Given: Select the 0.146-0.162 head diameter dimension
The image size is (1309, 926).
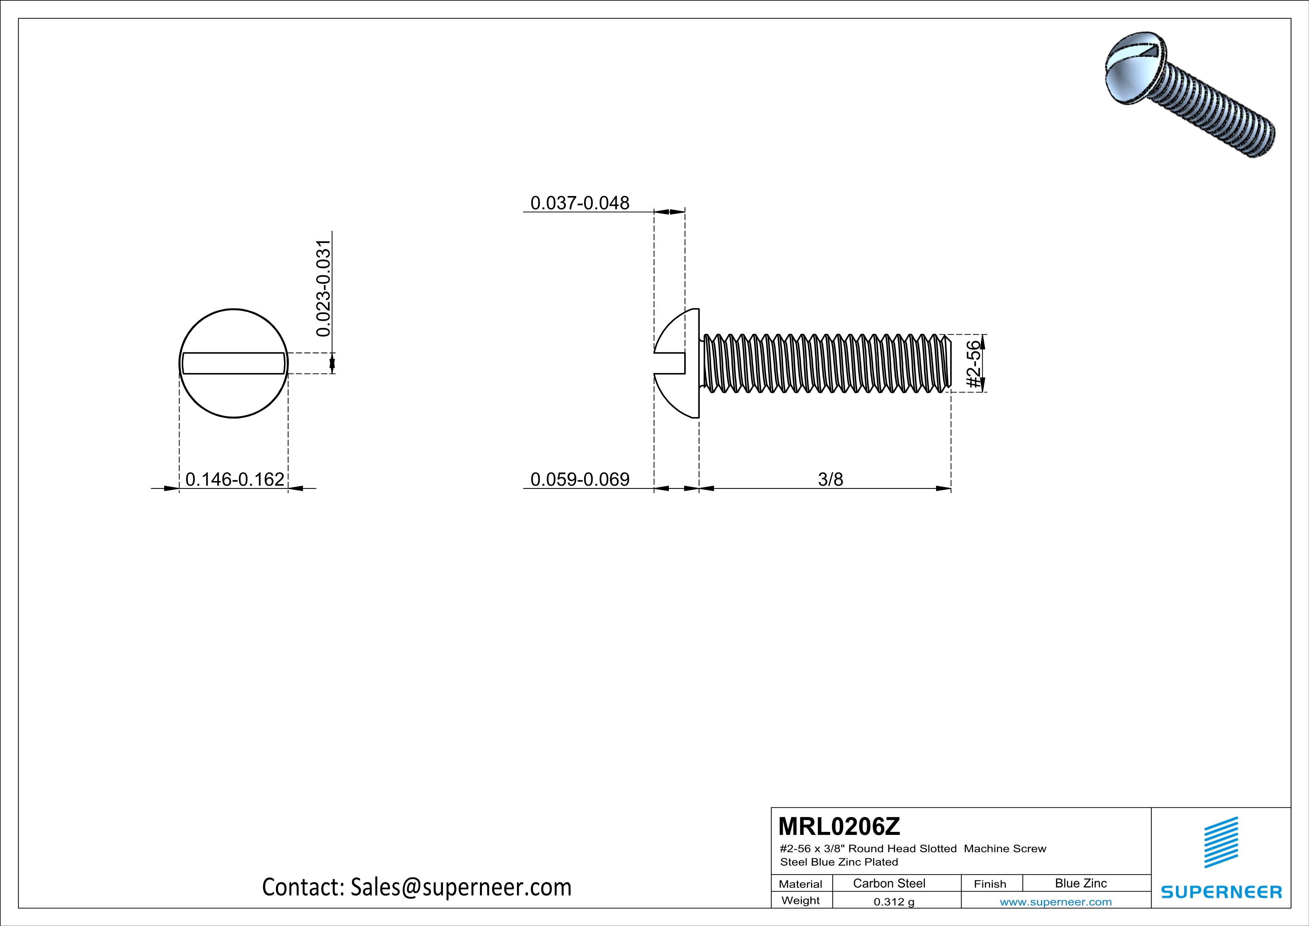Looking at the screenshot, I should coord(234,479).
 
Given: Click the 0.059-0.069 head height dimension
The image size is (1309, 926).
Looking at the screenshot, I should coord(579,479).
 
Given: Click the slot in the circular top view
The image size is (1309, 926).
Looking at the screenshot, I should coord(233,363).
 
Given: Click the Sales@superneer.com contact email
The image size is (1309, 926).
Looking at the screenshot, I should coord(461,887).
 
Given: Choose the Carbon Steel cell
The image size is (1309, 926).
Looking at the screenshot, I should coord(889,883).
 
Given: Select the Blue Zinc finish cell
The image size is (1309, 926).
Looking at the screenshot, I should coord(1080,883).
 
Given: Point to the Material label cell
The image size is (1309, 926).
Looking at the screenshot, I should coord(801,884).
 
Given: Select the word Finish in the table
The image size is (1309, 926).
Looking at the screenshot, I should coord(990,884).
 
